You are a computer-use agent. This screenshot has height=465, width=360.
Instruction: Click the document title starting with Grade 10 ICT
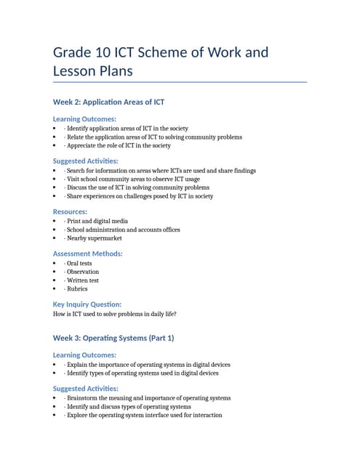coord(161,62)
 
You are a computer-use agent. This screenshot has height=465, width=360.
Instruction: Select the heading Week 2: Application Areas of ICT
coord(113,102)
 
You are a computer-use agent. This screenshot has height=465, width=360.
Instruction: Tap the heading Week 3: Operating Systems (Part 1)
coord(113,338)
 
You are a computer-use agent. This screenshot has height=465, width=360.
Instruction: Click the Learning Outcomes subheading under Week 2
coord(84,118)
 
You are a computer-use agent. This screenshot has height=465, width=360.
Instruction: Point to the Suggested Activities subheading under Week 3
coord(86,389)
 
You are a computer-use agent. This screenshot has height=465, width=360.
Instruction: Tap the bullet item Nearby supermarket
coord(92,238)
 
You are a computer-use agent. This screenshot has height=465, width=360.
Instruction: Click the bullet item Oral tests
coord(79,263)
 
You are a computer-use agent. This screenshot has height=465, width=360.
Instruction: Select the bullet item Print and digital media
coord(96,221)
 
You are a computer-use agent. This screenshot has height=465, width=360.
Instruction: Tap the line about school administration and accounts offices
coord(121,230)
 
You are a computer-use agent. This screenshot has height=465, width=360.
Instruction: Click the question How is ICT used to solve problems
coord(115,314)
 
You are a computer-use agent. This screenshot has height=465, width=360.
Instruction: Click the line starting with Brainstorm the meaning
coord(147,398)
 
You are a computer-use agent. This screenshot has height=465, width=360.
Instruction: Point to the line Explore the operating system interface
coord(143,415)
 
